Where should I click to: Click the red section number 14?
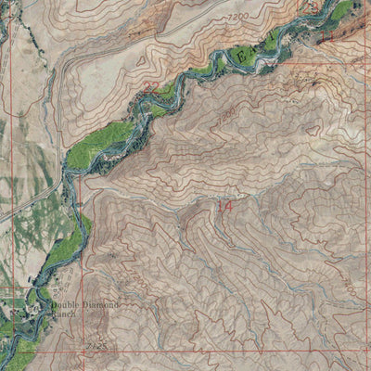[224, 206]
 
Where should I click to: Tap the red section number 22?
[151, 88]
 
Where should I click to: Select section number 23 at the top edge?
[312, 6]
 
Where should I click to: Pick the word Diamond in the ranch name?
[102, 305]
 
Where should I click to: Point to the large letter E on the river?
[244, 58]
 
